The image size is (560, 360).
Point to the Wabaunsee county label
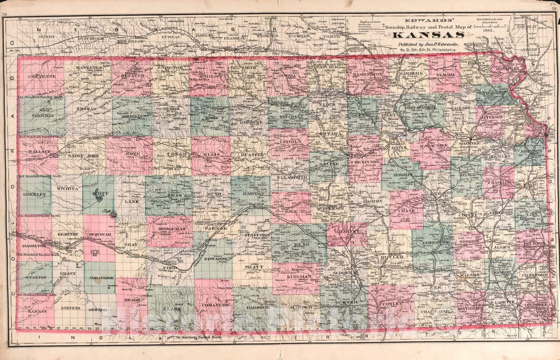click(x=431, y=152)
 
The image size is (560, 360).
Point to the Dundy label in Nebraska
click(x=47, y=37)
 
